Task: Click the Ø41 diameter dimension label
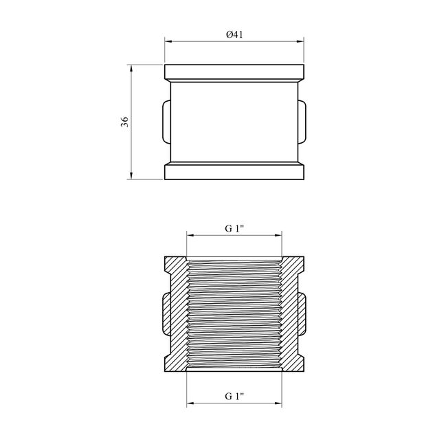(x=234, y=34)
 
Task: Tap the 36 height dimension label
(x=125, y=122)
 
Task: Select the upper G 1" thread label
(x=234, y=229)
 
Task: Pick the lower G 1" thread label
(x=234, y=397)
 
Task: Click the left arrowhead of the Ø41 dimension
(x=168, y=41)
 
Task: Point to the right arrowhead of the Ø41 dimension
(x=300, y=41)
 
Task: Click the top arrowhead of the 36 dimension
(x=131, y=68)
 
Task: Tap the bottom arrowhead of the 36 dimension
(x=131, y=176)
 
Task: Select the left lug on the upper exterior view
(x=167, y=122)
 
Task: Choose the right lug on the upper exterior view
(x=302, y=122)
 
